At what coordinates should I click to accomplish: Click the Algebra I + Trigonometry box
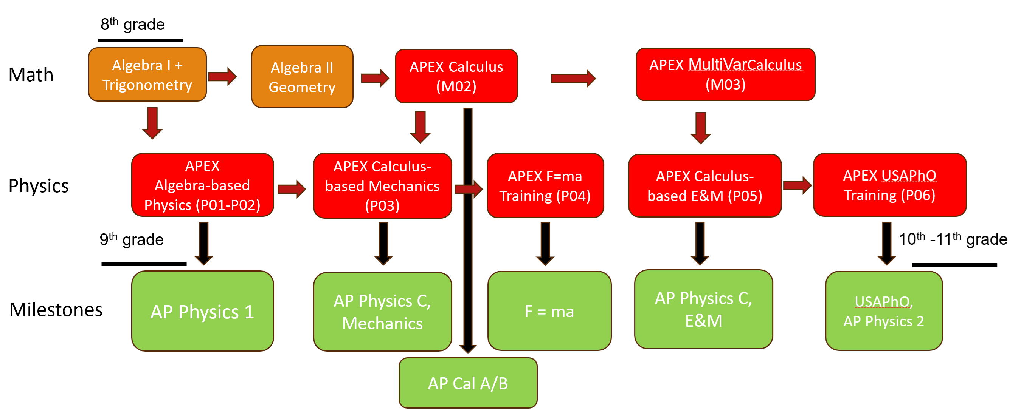147,75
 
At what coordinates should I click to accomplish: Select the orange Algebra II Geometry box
302,77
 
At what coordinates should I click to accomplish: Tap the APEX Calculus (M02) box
456,76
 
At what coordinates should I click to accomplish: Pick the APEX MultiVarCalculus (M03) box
725,74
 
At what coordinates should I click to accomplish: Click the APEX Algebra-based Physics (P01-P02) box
202,185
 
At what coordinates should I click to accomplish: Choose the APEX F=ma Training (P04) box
545,186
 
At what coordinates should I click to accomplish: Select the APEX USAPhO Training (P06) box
889,185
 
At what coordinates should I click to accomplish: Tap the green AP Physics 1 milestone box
202,311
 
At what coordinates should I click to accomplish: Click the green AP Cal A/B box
468,383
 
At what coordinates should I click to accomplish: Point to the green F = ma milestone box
549,311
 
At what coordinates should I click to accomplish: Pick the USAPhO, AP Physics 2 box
883,311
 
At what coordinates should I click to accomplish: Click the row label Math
31,75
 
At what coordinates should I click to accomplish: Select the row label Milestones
56,310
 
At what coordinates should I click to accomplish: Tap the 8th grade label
132,25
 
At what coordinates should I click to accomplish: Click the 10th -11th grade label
953,239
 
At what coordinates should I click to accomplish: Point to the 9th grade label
131,239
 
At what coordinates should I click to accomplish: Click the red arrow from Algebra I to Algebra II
222,76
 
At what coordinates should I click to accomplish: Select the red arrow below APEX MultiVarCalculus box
700,128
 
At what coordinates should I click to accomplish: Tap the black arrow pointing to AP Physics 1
204,243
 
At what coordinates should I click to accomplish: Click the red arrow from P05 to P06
797,185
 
